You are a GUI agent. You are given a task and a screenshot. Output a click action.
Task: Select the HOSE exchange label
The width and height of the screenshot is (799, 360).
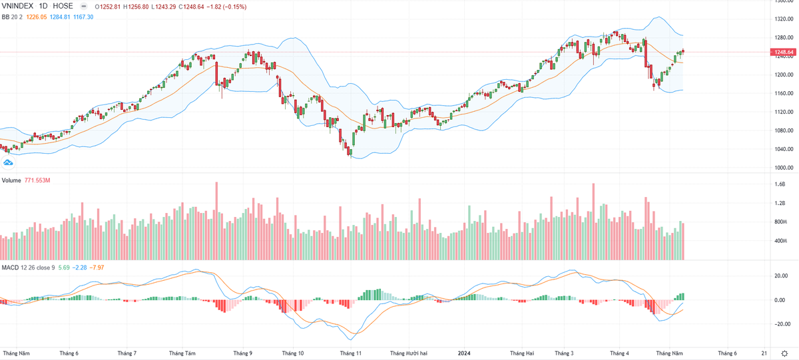63,6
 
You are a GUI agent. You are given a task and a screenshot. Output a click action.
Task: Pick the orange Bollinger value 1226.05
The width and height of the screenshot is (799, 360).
36,16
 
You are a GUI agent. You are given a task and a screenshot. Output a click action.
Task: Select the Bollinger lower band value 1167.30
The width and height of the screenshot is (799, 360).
83,16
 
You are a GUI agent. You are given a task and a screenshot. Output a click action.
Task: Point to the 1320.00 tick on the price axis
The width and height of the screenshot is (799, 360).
785,19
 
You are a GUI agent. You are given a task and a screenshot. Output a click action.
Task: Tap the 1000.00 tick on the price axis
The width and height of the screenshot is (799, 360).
785,168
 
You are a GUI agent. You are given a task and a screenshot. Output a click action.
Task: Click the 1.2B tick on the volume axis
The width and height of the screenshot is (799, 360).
780,203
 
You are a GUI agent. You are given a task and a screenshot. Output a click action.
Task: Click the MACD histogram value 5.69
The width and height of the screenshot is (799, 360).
64,268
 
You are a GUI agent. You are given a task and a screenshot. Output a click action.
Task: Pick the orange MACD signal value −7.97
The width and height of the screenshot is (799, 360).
97,268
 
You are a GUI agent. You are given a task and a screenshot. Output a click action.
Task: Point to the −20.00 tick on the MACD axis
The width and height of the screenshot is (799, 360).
784,324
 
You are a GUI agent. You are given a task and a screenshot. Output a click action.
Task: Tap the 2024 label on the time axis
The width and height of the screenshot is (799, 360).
464,353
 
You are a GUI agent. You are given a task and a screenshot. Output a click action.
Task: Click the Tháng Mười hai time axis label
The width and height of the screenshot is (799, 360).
409,353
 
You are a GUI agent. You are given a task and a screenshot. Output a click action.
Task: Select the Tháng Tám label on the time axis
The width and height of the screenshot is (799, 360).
182,353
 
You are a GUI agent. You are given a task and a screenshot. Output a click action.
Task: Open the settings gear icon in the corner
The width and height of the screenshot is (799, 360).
785,353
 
